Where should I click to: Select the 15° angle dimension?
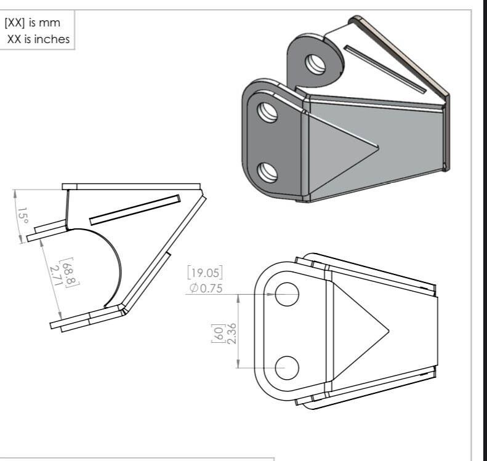pos(23,217)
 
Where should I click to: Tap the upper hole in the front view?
pos(287,294)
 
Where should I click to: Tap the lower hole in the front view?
pos(287,367)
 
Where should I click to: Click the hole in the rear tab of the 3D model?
pos(316,63)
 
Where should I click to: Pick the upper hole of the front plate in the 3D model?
pos(267,113)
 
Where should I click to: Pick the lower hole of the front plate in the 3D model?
pos(267,172)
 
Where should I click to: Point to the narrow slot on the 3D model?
pos(384,68)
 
